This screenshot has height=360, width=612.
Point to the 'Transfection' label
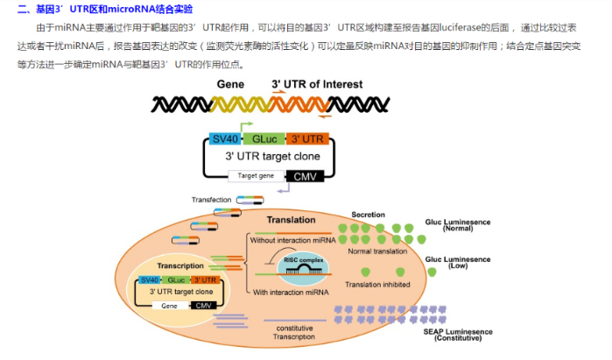(x=211, y=200)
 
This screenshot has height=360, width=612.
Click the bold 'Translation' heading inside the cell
(x=291, y=221)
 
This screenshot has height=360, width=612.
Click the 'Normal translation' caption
(x=378, y=251)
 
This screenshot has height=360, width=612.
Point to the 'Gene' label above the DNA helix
(x=229, y=84)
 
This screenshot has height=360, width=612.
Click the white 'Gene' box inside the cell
(x=165, y=306)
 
